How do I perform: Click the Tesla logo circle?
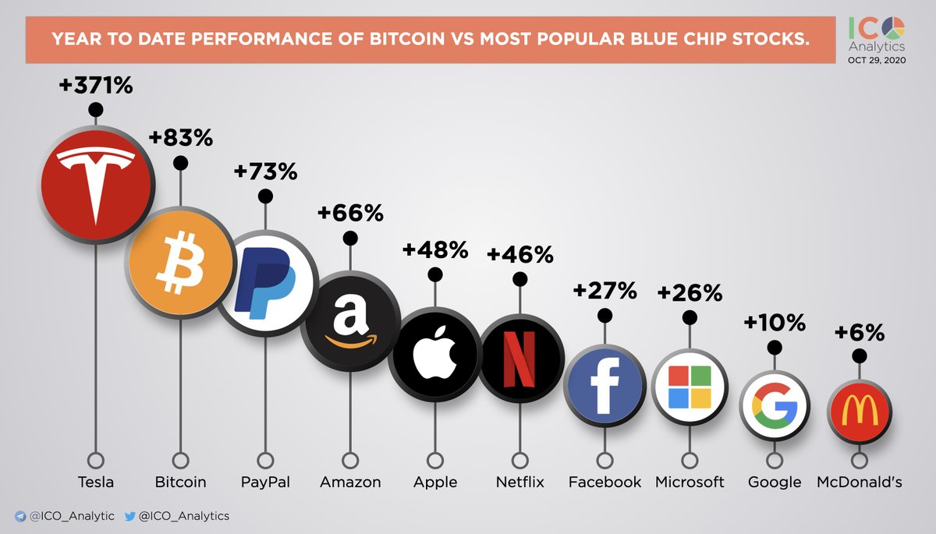point(96,184)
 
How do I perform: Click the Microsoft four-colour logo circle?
point(690,387)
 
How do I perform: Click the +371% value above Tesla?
point(96,85)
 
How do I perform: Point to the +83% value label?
point(181,138)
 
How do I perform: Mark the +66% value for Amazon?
point(350,212)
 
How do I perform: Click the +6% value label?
point(860,333)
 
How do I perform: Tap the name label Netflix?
point(519,482)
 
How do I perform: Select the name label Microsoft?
point(690,482)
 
